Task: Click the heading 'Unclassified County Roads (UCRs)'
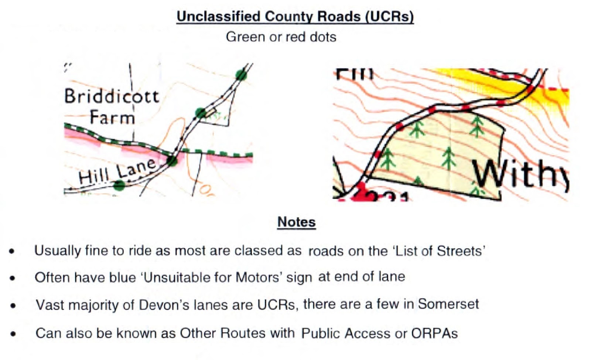tap(295, 17)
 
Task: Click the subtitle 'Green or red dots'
tap(281, 37)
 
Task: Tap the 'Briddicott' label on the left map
tap(112, 96)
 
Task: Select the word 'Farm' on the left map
tap(112, 118)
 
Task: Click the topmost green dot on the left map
tap(241, 75)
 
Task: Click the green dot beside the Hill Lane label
tap(119, 185)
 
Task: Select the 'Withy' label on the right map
tap(521, 174)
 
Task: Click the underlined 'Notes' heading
tap(296, 222)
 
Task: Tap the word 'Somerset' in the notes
tap(448, 304)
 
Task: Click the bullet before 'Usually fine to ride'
tap(13, 251)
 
